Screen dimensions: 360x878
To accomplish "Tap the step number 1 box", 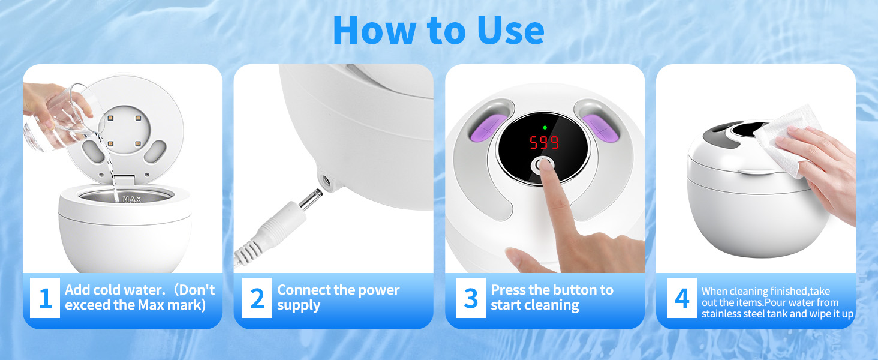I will [x=45, y=298].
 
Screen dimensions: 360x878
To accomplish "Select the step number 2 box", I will [x=257, y=298].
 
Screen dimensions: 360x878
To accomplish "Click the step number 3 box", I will [x=471, y=298].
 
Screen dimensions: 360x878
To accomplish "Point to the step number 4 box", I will [x=682, y=298].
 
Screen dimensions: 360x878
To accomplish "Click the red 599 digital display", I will [x=543, y=143].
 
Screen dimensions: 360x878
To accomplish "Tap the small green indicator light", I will [x=544, y=127].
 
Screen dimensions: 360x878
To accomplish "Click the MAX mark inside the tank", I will [x=131, y=199].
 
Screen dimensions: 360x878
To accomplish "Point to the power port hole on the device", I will [x=327, y=179].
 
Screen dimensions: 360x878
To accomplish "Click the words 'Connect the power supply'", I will [x=338, y=298].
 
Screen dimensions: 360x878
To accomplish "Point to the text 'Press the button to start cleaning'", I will [x=552, y=298].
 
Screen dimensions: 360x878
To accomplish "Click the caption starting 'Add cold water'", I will [x=139, y=298].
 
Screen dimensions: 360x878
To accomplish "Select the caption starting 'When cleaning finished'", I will [x=777, y=302].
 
